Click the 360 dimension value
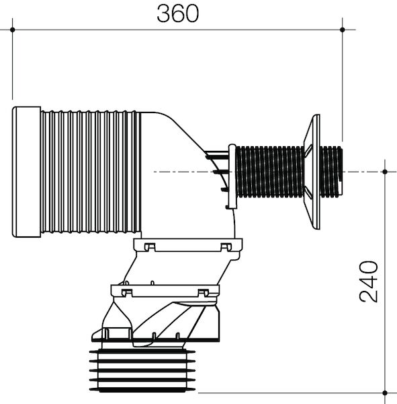pos(178,13)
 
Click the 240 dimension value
pos(369,281)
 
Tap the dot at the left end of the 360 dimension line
pos(13,29)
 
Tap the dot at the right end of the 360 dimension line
pos(343,29)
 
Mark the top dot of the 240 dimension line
pos(384,172)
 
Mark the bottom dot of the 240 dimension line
pos(384,393)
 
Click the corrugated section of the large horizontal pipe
pos(91,172)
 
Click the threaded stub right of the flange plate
pos(331,172)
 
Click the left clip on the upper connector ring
pos(149,246)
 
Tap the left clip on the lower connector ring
pos(124,292)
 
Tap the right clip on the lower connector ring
pos(204,292)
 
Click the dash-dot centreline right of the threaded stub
pos(363,172)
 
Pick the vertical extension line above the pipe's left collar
pos(13,67)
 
